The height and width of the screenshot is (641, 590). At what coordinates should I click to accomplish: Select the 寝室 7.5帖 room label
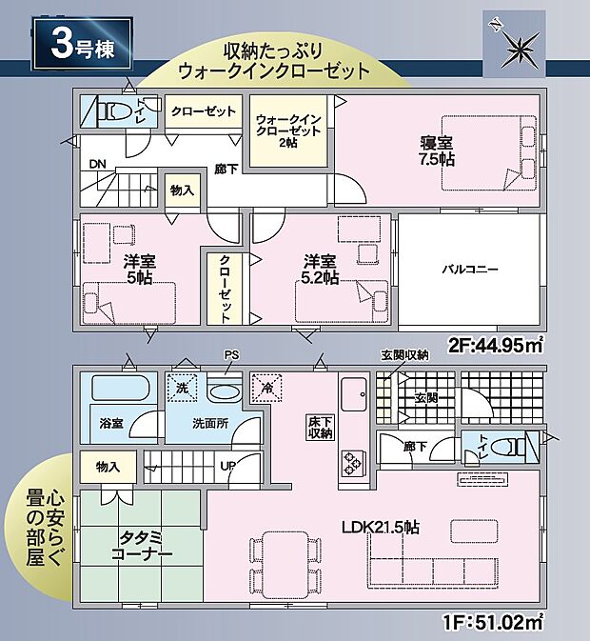(x=439, y=150)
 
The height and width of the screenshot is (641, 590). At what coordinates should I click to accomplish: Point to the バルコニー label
(x=469, y=270)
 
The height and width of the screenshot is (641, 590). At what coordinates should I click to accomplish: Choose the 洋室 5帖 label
(x=138, y=270)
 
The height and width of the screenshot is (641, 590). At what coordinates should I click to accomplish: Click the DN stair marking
(x=97, y=164)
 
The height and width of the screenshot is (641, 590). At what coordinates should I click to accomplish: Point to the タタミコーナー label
(x=139, y=546)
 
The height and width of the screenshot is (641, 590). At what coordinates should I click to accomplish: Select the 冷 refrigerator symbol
(x=263, y=388)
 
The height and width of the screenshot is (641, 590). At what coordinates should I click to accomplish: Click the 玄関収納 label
(x=405, y=354)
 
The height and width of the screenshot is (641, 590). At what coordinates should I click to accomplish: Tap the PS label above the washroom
(x=229, y=355)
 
